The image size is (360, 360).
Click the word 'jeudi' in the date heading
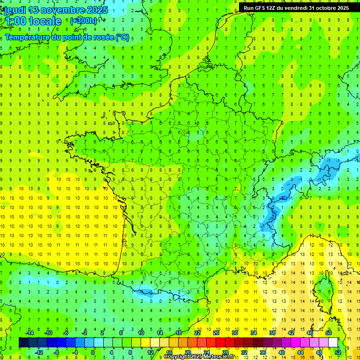15,10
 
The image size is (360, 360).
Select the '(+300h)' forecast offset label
84,21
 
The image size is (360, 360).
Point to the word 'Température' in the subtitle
27,37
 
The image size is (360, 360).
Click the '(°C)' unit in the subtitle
122,37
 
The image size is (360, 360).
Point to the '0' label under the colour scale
93,352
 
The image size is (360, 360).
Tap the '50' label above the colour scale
329,333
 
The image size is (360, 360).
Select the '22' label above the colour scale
197,333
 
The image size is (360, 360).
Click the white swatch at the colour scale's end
333,343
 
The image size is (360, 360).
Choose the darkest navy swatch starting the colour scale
23,343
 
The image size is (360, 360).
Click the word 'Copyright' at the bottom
177,357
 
